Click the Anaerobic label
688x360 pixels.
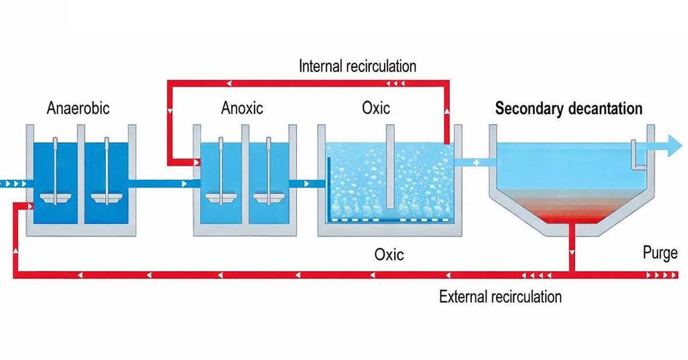78,108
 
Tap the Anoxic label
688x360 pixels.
242,108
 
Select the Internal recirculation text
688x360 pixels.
358,66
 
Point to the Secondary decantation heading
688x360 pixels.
569,109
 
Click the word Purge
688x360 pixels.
660,253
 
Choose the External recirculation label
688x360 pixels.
501,297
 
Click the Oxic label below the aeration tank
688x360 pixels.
389,255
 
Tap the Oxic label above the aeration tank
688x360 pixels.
376,108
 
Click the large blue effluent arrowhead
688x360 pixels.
675,146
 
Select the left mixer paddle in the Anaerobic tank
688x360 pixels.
55,198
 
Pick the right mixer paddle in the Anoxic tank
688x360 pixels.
268,198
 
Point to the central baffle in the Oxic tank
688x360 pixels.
390,166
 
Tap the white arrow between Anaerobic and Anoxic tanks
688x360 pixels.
184,183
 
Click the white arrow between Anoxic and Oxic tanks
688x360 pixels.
307,183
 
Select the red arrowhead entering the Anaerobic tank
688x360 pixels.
30,206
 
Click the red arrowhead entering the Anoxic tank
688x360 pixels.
197,162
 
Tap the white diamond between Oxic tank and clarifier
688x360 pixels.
476,162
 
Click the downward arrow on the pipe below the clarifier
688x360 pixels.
572,252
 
